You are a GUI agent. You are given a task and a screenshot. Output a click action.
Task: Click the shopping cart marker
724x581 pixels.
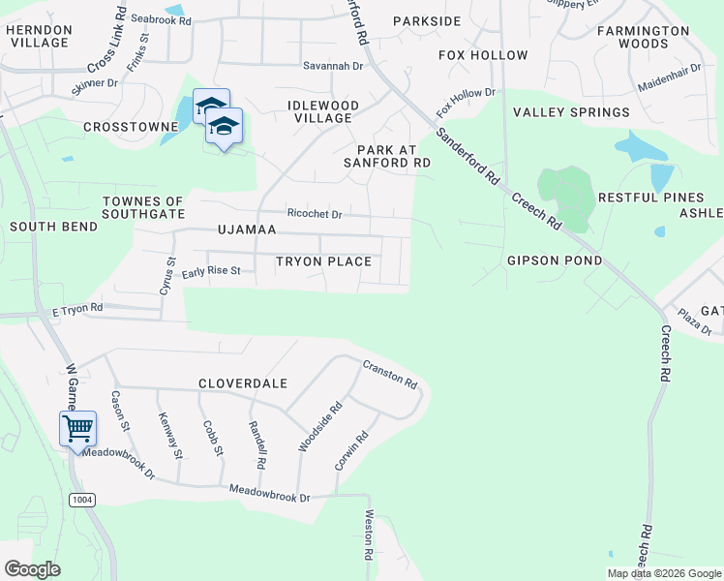coord(77,428)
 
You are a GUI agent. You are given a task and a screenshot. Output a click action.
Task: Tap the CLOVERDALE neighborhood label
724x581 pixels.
coord(243,383)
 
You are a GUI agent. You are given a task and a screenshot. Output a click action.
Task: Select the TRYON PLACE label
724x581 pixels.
coord(323,261)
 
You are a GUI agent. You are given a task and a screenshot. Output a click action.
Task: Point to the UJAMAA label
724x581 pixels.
coord(247,229)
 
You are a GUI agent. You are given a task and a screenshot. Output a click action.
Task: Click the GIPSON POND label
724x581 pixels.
coord(555,260)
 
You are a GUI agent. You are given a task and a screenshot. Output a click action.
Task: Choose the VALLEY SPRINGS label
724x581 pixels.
coord(571,112)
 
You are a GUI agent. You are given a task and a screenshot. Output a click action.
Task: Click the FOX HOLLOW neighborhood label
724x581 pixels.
coord(483,55)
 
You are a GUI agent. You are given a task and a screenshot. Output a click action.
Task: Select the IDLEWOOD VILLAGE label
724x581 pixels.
coord(323,111)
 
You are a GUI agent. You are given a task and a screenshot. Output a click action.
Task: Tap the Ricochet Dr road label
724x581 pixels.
coord(315,213)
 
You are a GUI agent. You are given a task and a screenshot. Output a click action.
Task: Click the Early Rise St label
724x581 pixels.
coord(210,271)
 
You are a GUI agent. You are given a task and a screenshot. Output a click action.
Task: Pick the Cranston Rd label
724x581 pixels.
coord(389,374)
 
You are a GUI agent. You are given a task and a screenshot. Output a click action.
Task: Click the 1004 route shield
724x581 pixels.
coord(83,499)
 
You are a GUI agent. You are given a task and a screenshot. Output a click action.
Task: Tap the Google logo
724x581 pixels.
coord(32,569)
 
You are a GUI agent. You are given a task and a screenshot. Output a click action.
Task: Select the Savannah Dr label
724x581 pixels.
coord(332,66)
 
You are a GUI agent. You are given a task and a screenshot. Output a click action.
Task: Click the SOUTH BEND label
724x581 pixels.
coord(53,227)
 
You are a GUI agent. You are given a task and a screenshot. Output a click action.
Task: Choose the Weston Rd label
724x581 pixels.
coord(368,536)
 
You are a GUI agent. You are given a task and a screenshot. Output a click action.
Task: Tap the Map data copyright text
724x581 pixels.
coord(663,573)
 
